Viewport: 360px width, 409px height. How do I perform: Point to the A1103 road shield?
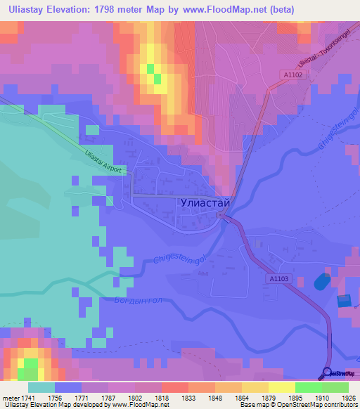(278, 279)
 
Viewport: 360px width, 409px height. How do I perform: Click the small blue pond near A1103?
(321, 281)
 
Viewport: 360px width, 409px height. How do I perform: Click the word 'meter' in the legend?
(11, 398)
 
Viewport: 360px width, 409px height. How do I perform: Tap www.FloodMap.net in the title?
(229, 9)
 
